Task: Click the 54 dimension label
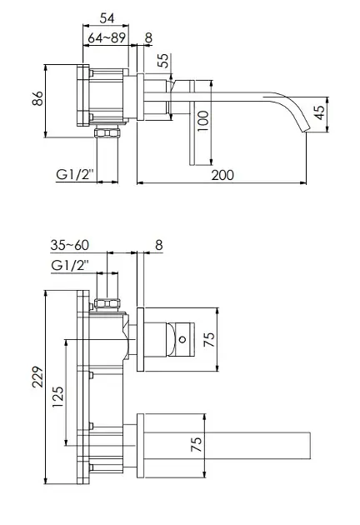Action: click(x=107, y=18)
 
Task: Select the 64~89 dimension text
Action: click(x=107, y=37)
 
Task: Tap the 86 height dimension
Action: click(x=37, y=98)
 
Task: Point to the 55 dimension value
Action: click(x=164, y=61)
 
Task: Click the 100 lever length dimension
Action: click(x=203, y=121)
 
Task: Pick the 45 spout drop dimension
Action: click(x=320, y=112)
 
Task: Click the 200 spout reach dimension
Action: click(x=222, y=175)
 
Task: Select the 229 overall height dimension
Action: click(x=37, y=377)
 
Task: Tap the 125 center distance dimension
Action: click(x=57, y=397)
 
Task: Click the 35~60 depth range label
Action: click(x=70, y=245)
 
